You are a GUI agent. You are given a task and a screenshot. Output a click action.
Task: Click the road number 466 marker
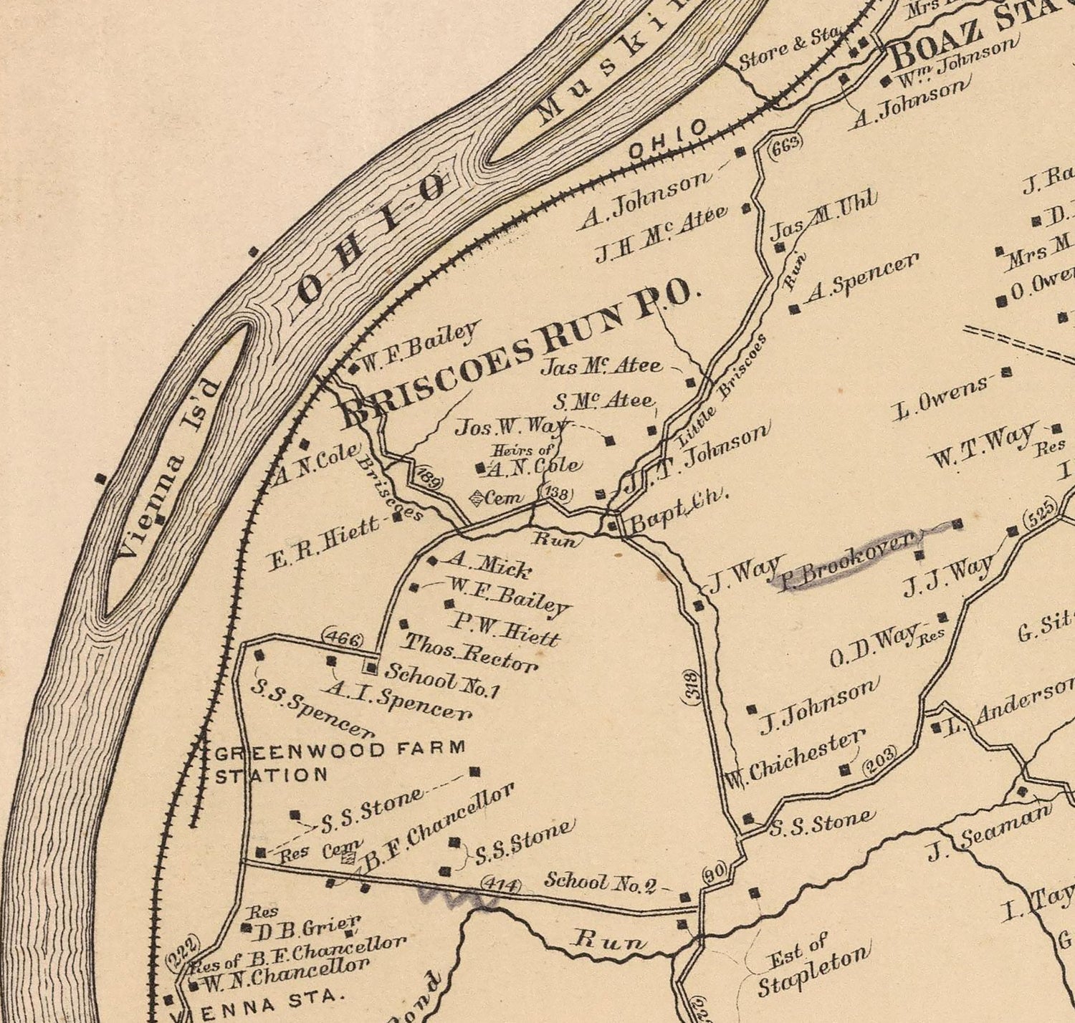pyautogui.click(x=343, y=638)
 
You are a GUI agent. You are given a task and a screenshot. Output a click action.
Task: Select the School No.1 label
pyautogui.click(x=441, y=681)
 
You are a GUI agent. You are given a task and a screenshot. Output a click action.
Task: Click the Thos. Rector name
pyautogui.click(x=470, y=652)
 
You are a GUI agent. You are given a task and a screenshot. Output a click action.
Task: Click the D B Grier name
pyautogui.click(x=310, y=929)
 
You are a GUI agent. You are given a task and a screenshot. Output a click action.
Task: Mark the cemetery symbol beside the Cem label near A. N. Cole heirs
pyautogui.click(x=477, y=496)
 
